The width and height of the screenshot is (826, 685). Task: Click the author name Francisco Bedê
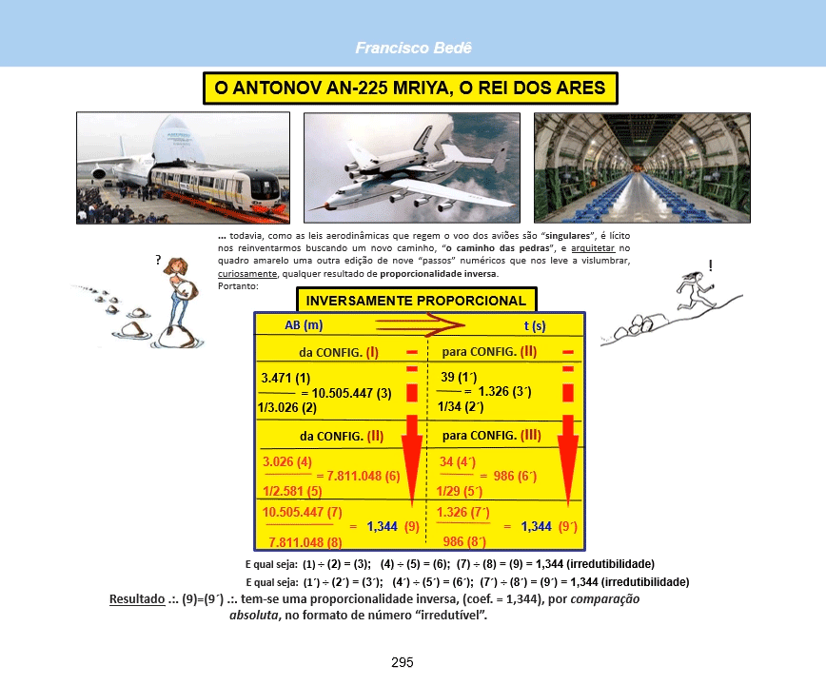[x=414, y=48]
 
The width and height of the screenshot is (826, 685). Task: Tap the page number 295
[x=403, y=662]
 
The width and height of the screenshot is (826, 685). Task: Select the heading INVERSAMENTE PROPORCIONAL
[x=416, y=301]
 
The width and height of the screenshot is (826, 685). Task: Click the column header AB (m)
[x=304, y=324]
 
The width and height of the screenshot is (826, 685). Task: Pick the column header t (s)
[x=535, y=326]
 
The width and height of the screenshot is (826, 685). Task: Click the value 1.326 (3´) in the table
[x=504, y=392]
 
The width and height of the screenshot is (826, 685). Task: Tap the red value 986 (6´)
[x=515, y=476]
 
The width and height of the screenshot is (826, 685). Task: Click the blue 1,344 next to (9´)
[x=537, y=526]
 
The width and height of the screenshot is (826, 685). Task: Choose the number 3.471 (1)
[x=285, y=378]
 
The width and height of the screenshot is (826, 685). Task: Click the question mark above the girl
[x=158, y=260]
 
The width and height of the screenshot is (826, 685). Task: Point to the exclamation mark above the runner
[x=711, y=265]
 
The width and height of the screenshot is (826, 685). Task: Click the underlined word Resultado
[x=137, y=599]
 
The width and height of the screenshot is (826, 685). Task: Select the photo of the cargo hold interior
[x=642, y=168]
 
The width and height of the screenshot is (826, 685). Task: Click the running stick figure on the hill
[x=696, y=290]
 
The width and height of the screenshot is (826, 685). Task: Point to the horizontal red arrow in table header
[x=421, y=324]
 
